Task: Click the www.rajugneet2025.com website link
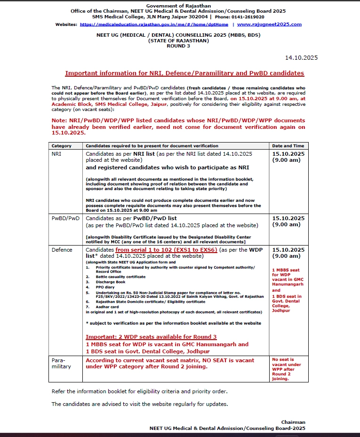click(269, 24)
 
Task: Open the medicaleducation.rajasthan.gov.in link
click(154, 24)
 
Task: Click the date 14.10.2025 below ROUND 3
click(301, 58)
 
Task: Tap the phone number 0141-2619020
click(254, 16)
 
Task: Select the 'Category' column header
click(62, 146)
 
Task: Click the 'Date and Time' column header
click(288, 146)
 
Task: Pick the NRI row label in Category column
click(56, 154)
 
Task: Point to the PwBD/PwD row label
click(65, 218)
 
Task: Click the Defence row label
click(62, 250)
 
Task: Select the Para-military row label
click(61, 363)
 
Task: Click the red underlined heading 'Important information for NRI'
click(184, 73)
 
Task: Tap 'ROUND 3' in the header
click(178, 46)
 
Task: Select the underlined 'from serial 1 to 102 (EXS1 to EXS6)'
click(166, 250)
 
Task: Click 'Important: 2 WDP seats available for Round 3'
click(151, 337)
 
